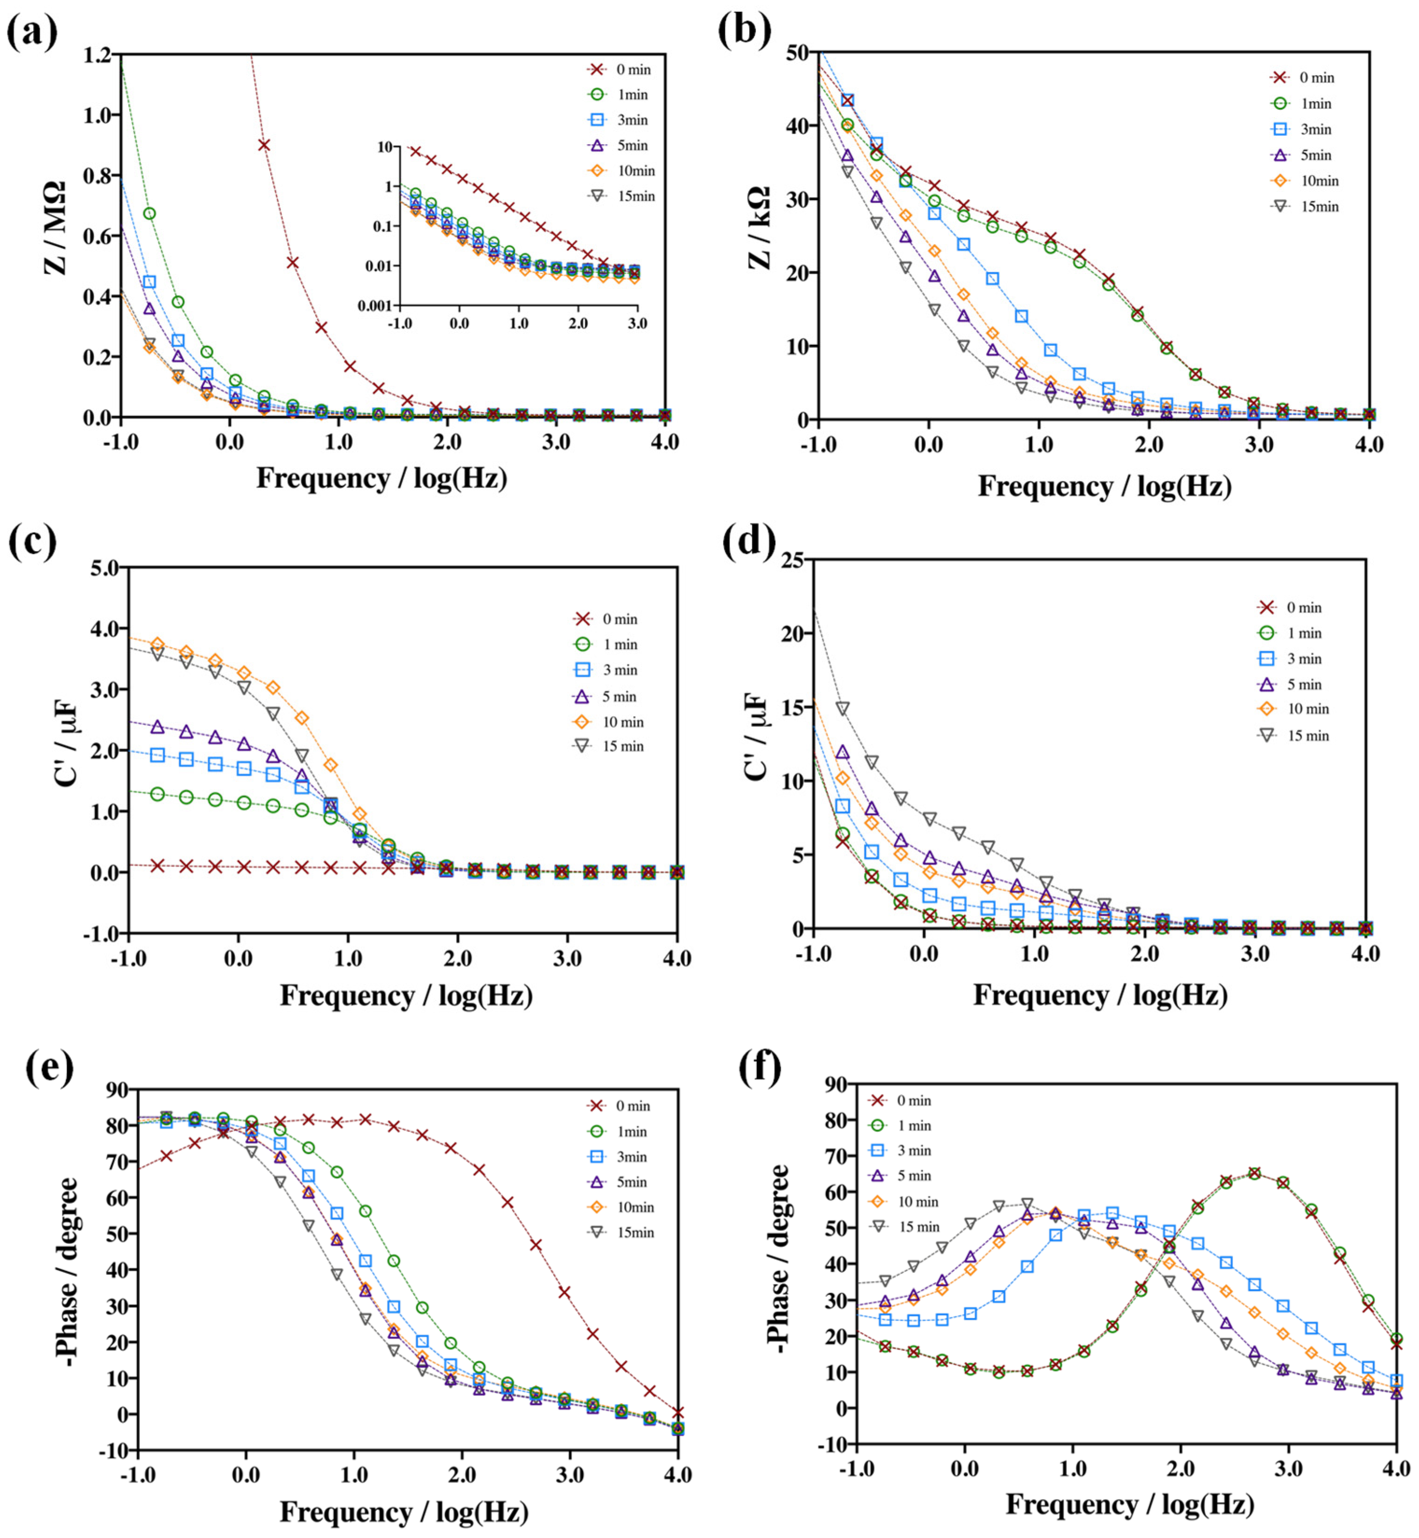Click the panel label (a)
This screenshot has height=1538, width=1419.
(32, 32)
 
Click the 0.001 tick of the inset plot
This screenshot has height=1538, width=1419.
(375, 306)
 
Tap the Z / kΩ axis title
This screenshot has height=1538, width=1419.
(759, 228)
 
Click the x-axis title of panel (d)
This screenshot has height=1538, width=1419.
(1100, 995)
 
